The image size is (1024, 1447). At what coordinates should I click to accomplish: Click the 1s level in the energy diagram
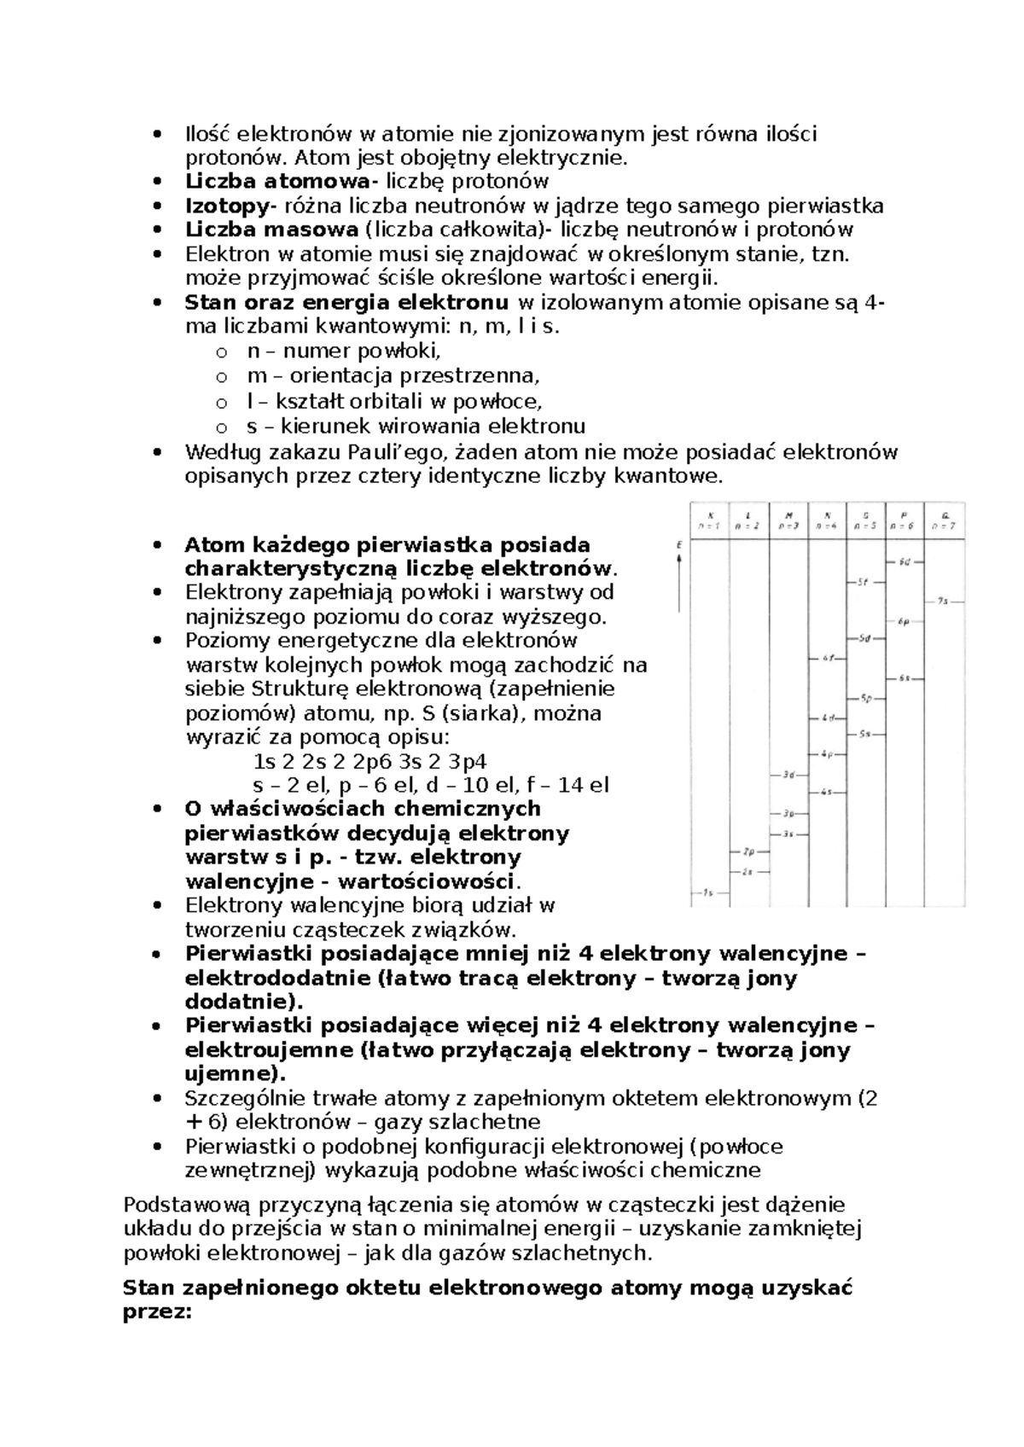tap(707, 893)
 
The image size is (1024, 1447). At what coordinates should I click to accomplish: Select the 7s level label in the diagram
tap(943, 601)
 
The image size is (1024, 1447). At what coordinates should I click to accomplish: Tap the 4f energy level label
tap(827, 658)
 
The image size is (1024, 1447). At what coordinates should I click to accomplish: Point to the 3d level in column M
tap(788, 775)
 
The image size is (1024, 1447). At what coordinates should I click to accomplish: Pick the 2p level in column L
tap(748, 851)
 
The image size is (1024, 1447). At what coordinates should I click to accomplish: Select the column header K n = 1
tap(709, 520)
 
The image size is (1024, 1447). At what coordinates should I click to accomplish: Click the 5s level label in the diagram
tap(864, 734)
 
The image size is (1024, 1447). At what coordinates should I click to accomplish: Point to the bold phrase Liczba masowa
tap(271, 230)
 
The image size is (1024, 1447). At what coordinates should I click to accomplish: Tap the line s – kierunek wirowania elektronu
tap(416, 426)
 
